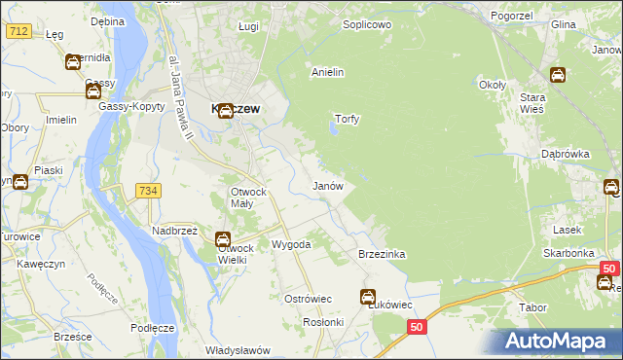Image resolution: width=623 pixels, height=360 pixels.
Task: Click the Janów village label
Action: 326,185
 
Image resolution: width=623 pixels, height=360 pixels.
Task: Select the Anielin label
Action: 328,72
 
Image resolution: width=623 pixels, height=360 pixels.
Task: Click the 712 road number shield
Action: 18,31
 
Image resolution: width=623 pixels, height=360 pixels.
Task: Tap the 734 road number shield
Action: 147,190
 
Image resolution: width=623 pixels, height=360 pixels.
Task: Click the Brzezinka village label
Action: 382,254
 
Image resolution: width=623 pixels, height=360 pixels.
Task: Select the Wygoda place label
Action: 290,244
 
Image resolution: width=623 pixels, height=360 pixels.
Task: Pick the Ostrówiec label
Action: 309,298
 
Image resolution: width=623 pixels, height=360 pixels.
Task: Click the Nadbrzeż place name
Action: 174,231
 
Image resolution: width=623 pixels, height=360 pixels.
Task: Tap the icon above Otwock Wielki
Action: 223,238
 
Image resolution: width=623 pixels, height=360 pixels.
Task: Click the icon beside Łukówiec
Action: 368,297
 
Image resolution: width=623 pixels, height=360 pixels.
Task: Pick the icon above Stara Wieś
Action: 558,74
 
